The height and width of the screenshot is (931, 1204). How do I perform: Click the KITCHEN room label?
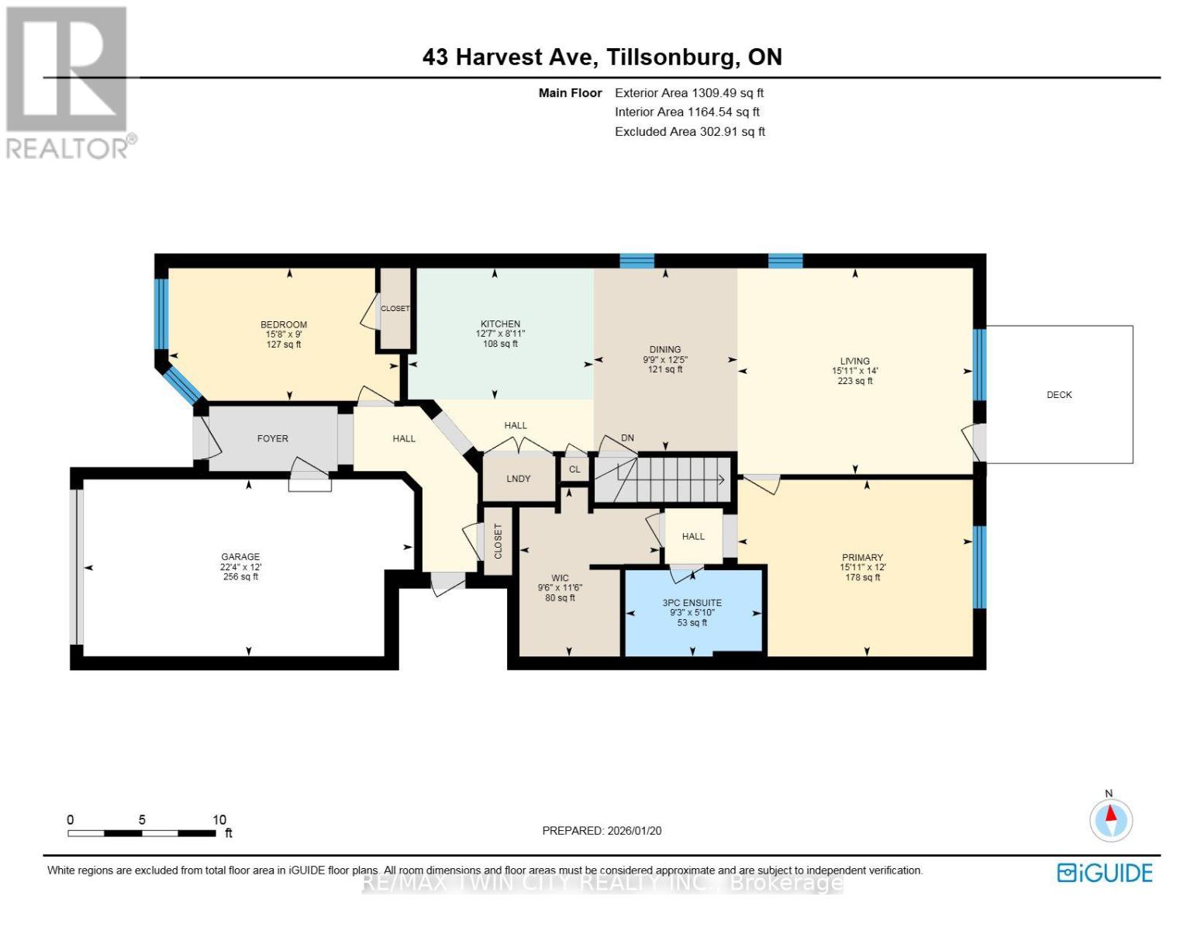[500, 324]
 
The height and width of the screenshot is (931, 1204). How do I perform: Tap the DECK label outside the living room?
[1059, 395]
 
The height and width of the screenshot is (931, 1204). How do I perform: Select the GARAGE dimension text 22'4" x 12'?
[240, 567]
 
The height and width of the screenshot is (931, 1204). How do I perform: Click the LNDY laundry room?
[519, 479]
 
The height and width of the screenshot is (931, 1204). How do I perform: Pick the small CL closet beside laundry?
[574, 469]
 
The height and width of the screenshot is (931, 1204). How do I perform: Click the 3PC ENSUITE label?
[692, 603]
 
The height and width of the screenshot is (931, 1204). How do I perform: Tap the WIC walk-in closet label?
[560, 578]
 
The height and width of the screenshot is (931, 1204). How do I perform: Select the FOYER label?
[273, 439]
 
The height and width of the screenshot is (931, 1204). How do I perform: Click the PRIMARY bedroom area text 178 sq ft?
[862, 577]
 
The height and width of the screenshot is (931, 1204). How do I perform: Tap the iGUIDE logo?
[1105, 873]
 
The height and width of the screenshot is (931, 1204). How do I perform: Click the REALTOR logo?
[68, 81]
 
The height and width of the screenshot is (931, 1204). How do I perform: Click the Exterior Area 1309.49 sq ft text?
[689, 93]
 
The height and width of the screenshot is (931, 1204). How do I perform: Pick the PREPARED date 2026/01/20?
[602, 831]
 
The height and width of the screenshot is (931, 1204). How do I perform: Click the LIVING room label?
[855, 362]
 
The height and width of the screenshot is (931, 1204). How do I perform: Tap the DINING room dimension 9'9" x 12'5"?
[665, 360]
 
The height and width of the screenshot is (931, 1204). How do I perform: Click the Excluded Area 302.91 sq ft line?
[690, 132]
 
